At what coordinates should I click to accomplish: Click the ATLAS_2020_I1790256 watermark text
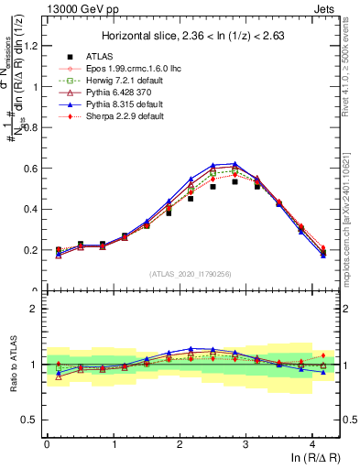[x=190, y=273]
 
